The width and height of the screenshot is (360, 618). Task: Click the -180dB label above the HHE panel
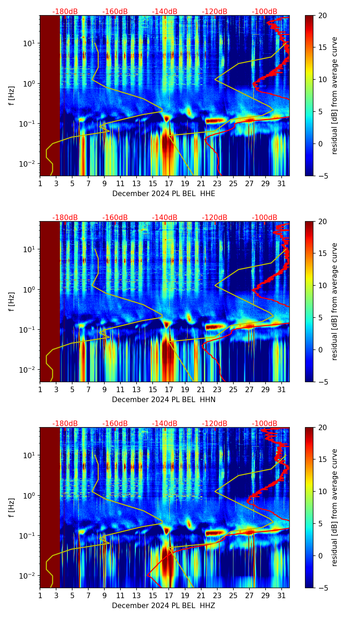point(65,12)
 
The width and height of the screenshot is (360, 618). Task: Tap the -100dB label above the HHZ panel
point(265,424)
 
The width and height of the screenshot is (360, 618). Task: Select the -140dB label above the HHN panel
point(165,218)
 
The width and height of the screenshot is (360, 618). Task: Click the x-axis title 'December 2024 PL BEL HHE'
point(164,194)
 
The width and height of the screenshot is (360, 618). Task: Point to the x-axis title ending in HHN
point(164,400)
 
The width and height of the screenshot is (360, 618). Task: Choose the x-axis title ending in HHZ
point(164,606)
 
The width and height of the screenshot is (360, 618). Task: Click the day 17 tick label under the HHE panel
point(169,184)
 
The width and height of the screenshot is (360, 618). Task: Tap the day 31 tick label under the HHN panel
point(281,390)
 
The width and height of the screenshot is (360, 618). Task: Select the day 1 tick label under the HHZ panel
point(40,596)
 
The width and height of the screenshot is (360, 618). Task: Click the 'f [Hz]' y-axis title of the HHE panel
point(12,95)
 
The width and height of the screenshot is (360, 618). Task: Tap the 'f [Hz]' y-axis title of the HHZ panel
point(12,507)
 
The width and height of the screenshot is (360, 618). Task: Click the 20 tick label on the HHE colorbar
point(323,15)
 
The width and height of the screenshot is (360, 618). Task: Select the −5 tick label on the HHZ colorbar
point(323,588)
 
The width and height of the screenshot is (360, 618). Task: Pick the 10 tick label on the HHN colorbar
point(323,285)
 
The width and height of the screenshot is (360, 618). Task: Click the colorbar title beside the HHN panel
point(334,301)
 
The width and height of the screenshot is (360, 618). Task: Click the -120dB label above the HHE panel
point(215,12)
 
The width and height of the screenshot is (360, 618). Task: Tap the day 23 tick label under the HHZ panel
point(217,596)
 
